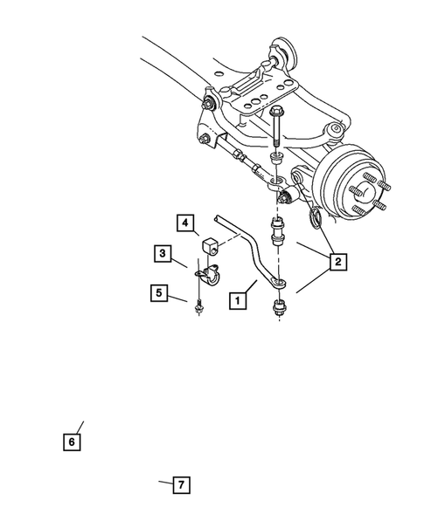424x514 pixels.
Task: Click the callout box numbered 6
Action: click(x=72, y=442)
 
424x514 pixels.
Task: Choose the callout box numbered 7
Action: click(x=181, y=484)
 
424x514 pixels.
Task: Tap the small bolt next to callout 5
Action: click(x=199, y=305)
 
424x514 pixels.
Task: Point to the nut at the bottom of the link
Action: click(x=279, y=307)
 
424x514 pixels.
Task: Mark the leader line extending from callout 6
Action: click(x=79, y=427)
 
